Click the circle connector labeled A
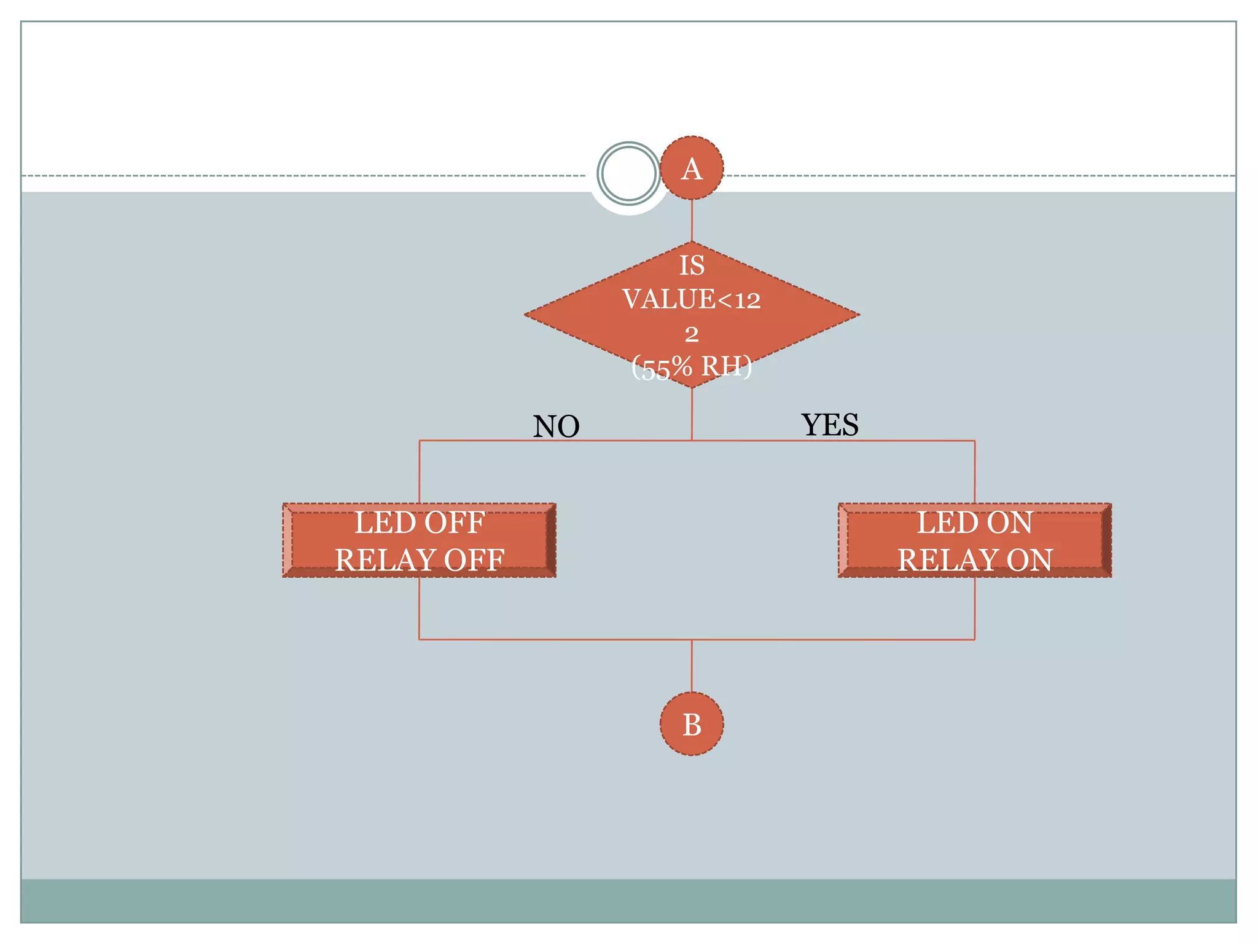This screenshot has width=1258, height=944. click(x=692, y=168)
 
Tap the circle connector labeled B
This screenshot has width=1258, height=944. click(x=692, y=724)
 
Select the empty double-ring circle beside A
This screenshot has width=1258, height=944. click(x=628, y=173)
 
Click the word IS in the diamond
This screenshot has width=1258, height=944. click(x=692, y=265)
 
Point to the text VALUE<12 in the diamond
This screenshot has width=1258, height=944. click(x=692, y=299)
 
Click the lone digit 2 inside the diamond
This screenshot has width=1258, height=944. click(x=692, y=334)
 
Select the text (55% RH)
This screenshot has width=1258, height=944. click(x=692, y=368)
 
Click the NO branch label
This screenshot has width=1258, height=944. click(x=556, y=426)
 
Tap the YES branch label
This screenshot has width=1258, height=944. click(x=829, y=425)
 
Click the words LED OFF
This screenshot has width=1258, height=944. click(x=420, y=523)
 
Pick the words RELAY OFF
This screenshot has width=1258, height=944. click(x=420, y=560)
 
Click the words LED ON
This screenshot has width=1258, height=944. click(x=975, y=523)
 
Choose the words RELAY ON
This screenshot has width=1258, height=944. click(x=975, y=560)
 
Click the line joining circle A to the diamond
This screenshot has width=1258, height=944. click(x=692, y=220)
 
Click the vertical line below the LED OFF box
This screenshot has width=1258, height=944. click(x=420, y=608)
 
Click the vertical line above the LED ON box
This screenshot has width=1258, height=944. click(x=975, y=471)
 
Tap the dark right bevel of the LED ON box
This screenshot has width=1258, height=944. click(x=1106, y=540)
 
